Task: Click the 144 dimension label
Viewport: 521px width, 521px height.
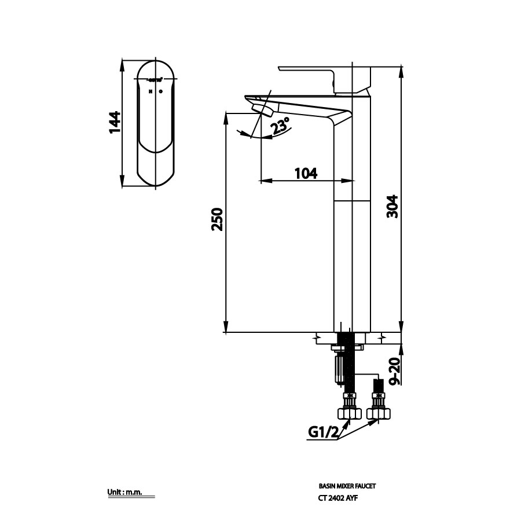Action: (115, 122)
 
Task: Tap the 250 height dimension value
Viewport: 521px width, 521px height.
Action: (216, 219)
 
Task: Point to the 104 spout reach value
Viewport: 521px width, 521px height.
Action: (306, 173)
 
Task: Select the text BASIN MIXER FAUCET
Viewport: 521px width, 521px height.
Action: (351, 487)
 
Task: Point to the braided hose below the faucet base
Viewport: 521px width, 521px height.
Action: (346, 365)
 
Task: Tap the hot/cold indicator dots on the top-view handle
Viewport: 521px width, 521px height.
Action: (156, 91)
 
